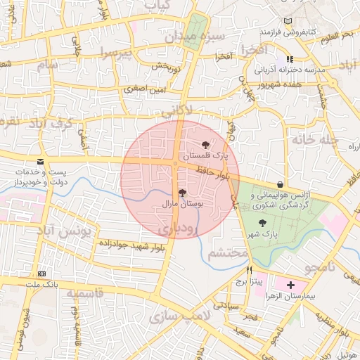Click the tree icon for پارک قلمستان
[205, 144]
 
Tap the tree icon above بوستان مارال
[182, 193]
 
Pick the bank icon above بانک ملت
[42, 274]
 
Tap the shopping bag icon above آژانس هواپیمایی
[281, 184]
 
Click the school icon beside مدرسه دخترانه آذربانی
[289, 60]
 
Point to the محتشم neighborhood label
[228, 252]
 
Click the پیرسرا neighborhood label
[115, 53]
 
